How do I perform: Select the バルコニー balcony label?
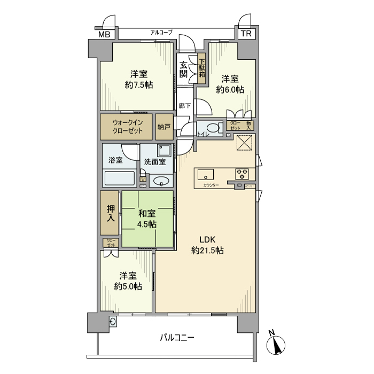pos(177,338)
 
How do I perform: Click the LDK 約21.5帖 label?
pos(207,245)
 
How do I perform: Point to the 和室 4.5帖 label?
pos(147,219)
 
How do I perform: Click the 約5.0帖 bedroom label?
pos(128,281)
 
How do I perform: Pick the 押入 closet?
pos(111,213)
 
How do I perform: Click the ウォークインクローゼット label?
pos(126,127)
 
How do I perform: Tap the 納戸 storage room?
pos(164,127)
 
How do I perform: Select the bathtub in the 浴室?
pos(119,178)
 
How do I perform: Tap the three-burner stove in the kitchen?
pos(242,173)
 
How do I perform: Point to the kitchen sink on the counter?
pos(206,175)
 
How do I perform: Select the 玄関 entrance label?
pos(183,68)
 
